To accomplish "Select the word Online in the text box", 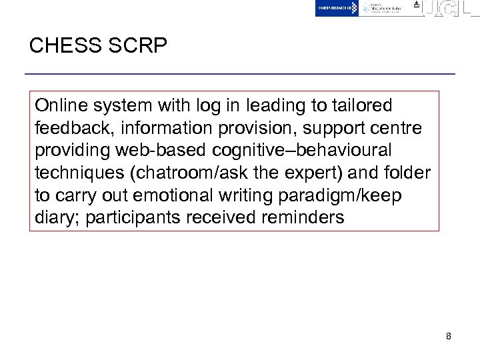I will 60,105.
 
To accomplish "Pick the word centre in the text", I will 399,127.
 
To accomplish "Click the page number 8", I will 449,336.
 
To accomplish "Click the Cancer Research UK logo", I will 337,8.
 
